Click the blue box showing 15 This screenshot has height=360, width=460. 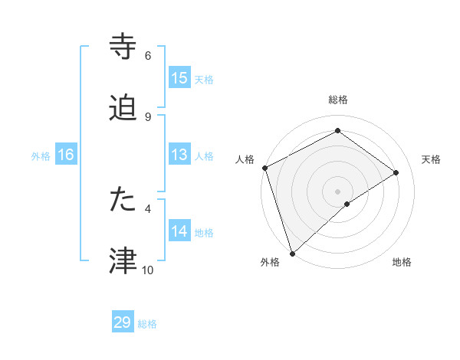tap(179, 78)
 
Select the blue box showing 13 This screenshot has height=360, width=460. tap(179, 155)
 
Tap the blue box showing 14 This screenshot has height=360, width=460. tap(179, 231)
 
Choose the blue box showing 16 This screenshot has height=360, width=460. tap(65, 155)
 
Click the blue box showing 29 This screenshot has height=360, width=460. tap(123, 322)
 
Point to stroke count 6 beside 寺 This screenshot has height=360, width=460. tap(148, 56)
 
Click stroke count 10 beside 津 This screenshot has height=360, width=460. tap(147, 270)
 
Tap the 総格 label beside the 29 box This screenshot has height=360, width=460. tap(147, 324)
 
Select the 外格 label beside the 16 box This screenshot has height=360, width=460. tap(41, 155)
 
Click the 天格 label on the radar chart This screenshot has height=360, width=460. tap(432, 159)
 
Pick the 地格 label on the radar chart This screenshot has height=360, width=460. tap(402, 262)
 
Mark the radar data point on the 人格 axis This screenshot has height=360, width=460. tap(264, 168)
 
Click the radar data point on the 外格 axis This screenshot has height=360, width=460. tap(291, 253)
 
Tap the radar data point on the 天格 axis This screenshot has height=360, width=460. tap(396, 172)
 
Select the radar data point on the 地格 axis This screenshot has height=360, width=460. tap(347, 204)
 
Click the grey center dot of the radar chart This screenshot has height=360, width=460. tap(337, 191)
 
